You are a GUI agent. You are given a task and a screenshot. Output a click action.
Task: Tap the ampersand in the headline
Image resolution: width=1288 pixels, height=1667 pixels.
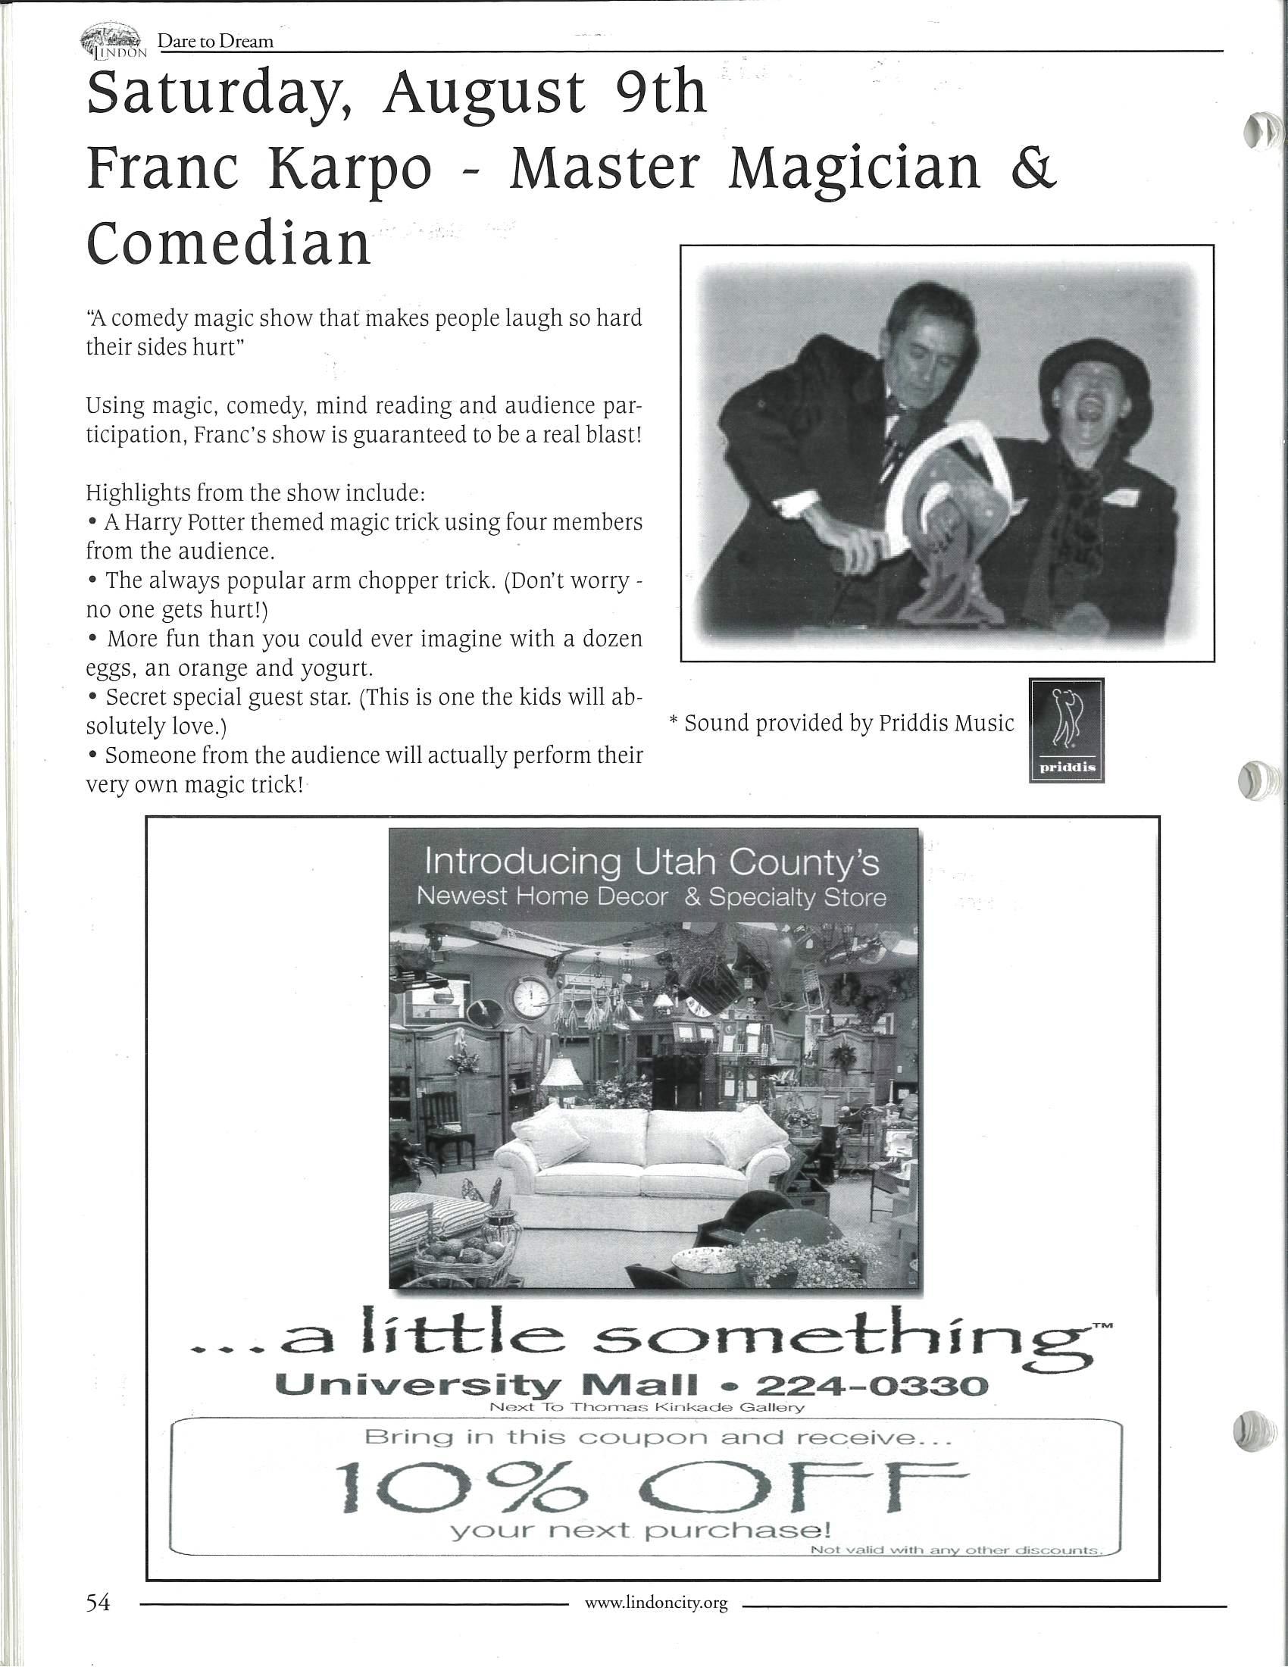pos(1034,169)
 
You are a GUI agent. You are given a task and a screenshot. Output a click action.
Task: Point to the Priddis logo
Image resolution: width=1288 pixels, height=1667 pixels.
pos(1066,730)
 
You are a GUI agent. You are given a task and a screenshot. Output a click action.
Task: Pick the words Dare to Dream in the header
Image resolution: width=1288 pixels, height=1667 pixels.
pos(215,41)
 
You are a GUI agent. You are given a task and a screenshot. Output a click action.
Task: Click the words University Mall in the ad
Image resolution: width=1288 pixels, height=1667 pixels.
pos(486,1384)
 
